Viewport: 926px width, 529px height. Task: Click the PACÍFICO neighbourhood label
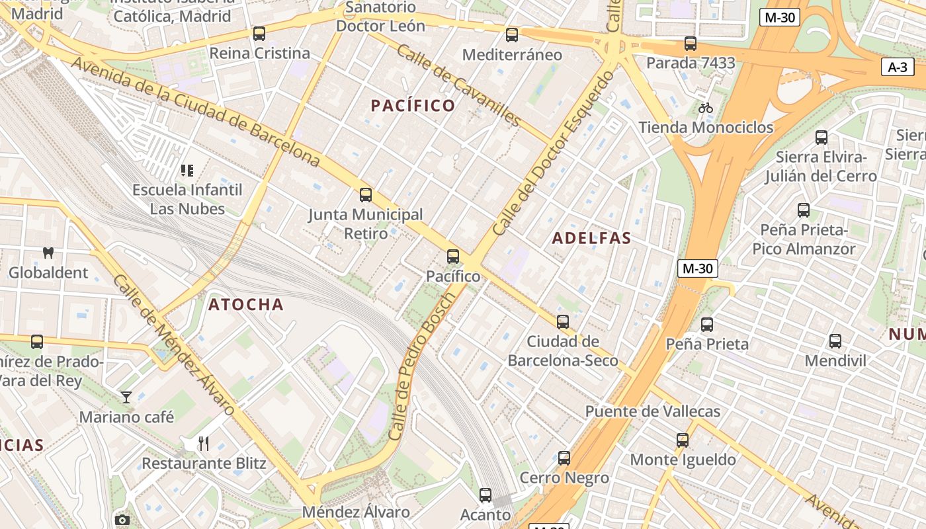[x=413, y=105]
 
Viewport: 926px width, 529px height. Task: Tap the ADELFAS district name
[x=591, y=238]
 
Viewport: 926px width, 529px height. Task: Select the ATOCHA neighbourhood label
[x=246, y=305]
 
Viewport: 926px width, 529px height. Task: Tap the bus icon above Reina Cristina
[x=259, y=34]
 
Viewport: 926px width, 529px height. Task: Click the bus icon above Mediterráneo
[x=512, y=35]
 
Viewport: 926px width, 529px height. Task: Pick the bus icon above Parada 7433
[x=691, y=44]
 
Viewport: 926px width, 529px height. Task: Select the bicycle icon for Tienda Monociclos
[x=706, y=108]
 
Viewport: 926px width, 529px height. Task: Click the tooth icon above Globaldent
[x=48, y=253]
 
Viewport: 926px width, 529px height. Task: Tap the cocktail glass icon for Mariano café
[x=126, y=397]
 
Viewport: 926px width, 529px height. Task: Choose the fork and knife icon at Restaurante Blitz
[x=204, y=443]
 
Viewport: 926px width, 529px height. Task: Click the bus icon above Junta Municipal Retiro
[x=366, y=195]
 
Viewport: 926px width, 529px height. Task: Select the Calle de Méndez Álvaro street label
[x=173, y=345]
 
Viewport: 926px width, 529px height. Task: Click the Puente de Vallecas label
[x=652, y=411]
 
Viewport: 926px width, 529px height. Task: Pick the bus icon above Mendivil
[x=835, y=341]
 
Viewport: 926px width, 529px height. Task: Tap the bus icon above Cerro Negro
[x=564, y=458]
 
